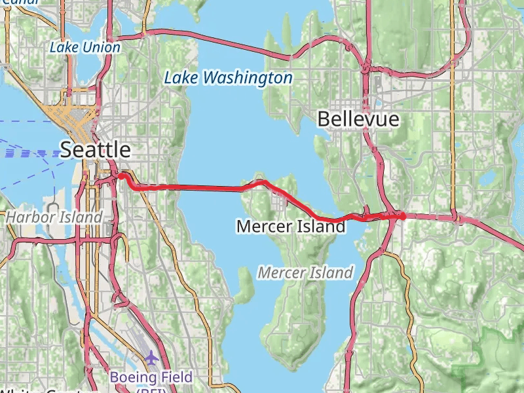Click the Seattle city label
pos(96,150)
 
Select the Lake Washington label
pos(228,79)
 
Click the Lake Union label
pos(85,48)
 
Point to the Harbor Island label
pos(54,217)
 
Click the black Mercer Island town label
pos(290,227)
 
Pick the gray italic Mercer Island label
pos(305,272)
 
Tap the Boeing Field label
pos(151,377)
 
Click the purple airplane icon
pos(152,358)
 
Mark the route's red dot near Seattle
pos(121,176)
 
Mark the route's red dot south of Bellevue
pos(402,215)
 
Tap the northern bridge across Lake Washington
pos(216,43)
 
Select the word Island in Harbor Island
pos(84,217)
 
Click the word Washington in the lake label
pos(248,79)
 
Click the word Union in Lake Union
pos(102,48)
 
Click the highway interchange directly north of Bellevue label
pos(367,67)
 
